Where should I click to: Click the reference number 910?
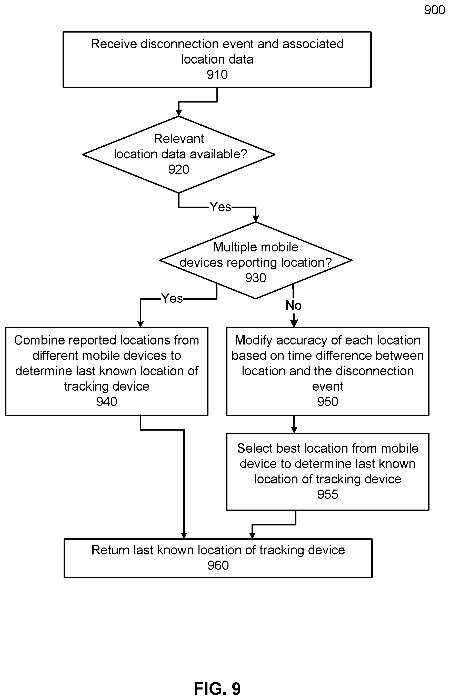coord(217,75)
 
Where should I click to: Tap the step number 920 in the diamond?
coord(178,169)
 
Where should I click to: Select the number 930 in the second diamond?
coord(256,278)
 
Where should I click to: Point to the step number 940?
coord(107,402)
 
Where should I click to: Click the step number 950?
coord(328,402)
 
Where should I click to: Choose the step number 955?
coord(328,494)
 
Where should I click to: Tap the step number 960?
coord(218,565)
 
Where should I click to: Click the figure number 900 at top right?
coord(435,10)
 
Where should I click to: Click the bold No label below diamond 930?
coord(293,306)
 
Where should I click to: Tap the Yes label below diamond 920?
coord(220,207)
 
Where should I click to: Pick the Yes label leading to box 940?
coord(172,298)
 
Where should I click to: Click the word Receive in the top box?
coord(114,44)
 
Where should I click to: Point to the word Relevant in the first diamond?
coord(178,139)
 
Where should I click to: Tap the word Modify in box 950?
coord(253,340)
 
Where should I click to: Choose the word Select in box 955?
coord(252,448)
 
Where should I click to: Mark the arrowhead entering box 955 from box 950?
coord(294,430)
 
